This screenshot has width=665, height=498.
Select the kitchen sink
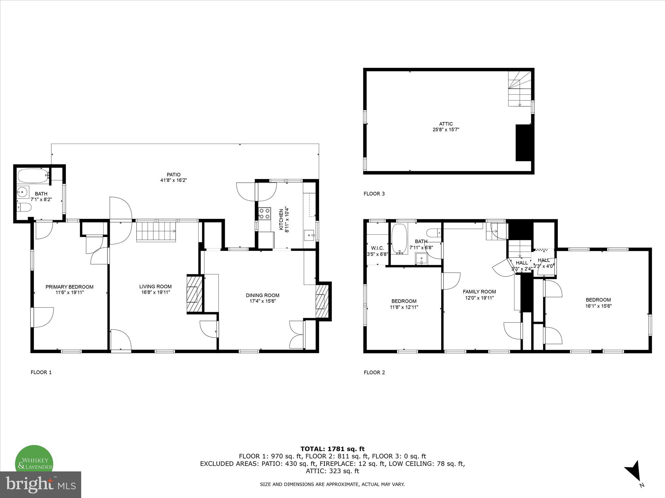309,235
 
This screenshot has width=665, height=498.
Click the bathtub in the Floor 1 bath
33,176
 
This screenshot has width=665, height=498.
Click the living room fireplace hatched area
194,294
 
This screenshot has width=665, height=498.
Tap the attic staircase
520,89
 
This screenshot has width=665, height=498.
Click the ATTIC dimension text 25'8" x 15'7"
446,129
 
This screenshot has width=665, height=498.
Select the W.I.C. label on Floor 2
377,248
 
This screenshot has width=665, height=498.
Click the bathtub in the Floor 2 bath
399,239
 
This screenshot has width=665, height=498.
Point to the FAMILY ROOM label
479,291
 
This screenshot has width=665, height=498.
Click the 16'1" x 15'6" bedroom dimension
598,305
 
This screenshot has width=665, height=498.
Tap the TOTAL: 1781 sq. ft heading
332,449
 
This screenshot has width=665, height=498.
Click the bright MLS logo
40,484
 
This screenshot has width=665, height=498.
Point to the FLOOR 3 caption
374,194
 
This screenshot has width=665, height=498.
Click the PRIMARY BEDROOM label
69,287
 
